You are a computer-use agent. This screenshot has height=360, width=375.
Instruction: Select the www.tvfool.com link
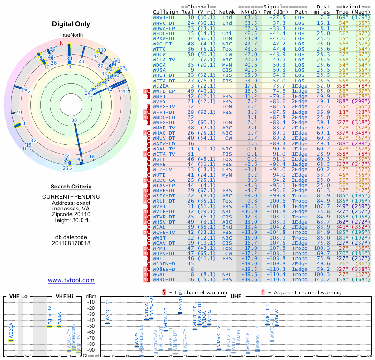click(x=71, y=280)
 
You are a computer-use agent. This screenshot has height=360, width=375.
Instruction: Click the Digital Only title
click(x=71, y=24)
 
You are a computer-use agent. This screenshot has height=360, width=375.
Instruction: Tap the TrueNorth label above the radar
click(x=71, y=36)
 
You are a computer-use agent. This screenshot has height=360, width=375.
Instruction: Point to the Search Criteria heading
click(x=71, y=187)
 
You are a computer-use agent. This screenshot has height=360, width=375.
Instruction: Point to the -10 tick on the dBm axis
click(x=91, y=301)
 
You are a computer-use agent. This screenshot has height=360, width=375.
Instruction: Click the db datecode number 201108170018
click(x=71, y=243)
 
